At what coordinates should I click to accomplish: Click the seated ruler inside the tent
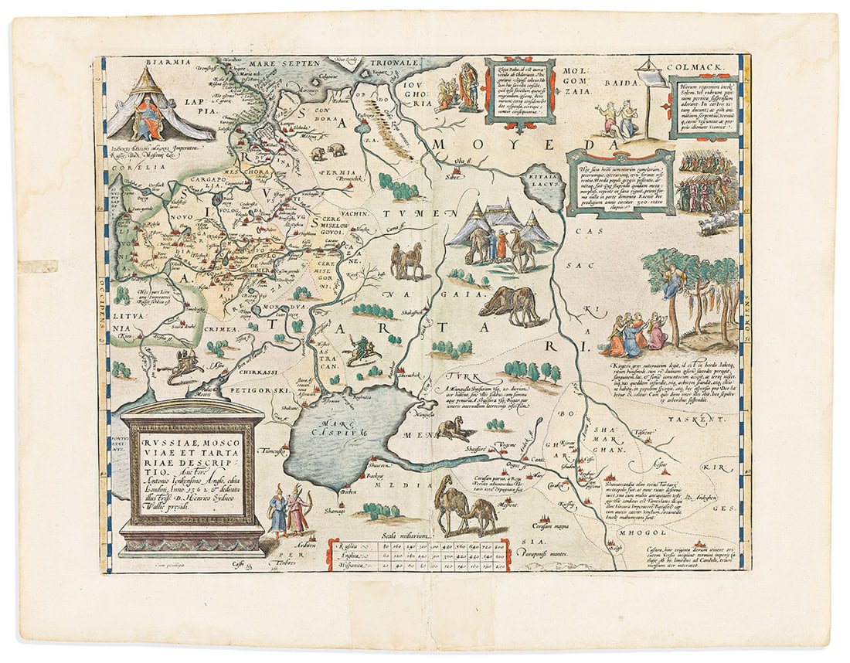(x=149, y=115)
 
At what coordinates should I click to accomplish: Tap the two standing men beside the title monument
(x=286, y=510)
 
